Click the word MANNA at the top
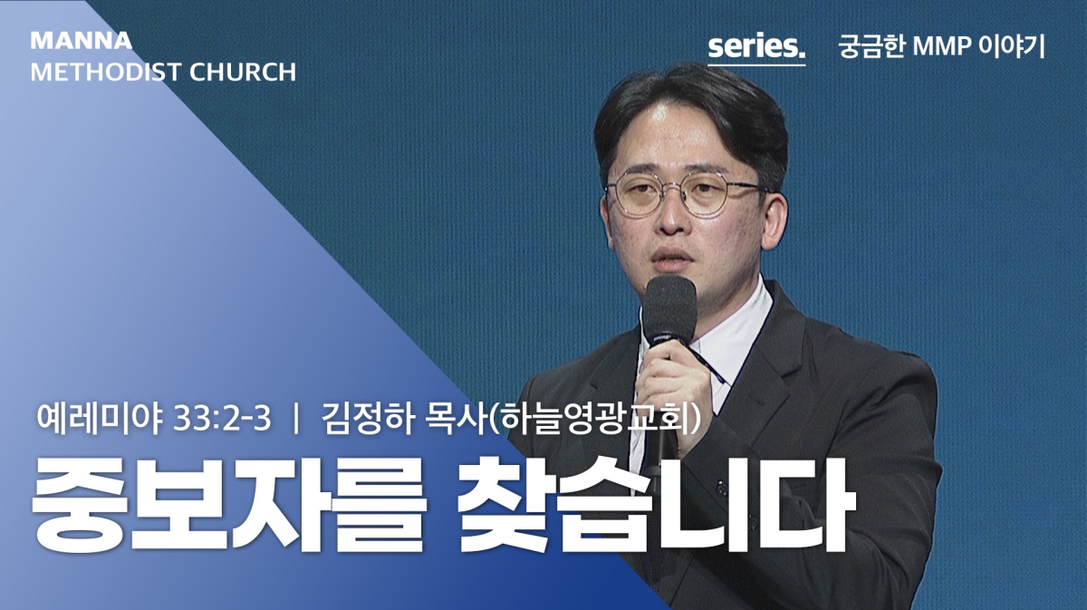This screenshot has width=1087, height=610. (81, 41)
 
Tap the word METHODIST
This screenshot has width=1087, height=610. (105, 73)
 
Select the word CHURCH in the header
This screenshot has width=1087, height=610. (243, 73)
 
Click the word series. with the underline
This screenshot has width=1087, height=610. (756, 47)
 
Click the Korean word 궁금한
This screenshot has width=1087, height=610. (871, 46)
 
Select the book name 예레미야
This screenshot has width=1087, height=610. (100, 419)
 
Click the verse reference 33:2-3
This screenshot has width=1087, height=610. (221, 419)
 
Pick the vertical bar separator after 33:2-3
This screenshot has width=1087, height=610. (295, 419)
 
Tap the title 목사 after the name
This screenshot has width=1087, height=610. (454, 419)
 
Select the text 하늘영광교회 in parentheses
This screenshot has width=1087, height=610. (595, 419)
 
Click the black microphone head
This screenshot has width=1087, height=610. (670, 311)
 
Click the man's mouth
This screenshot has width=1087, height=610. (671, 258)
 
